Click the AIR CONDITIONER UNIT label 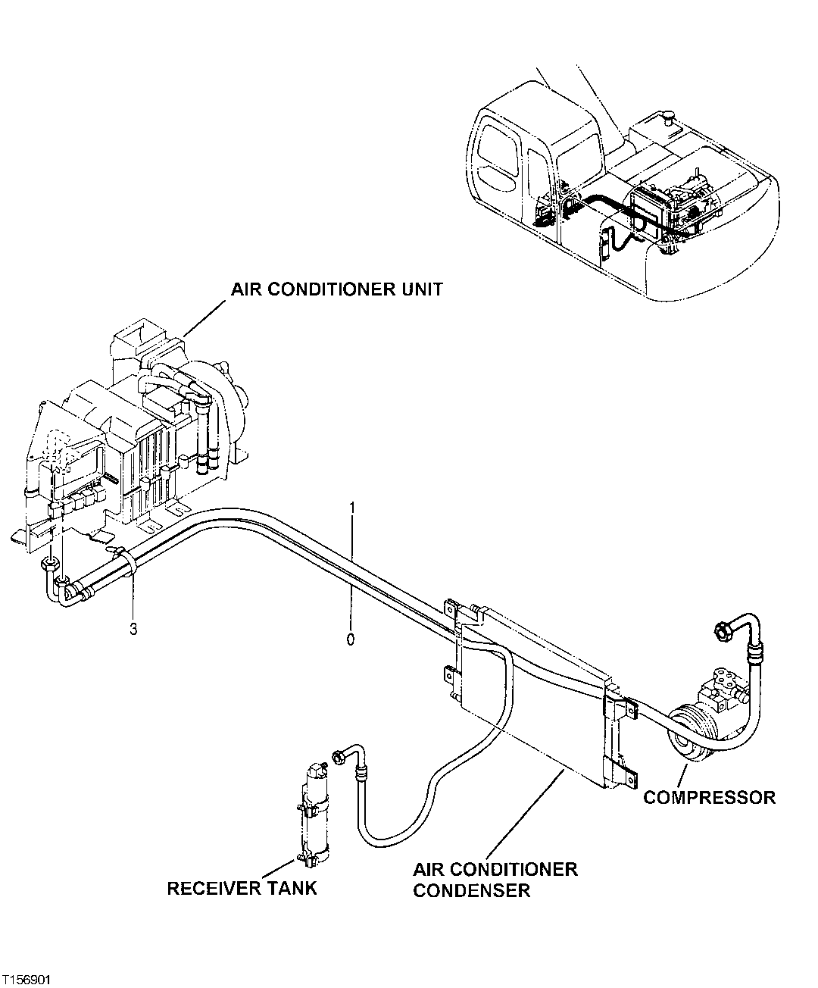[337, 289]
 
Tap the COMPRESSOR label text [709, 797]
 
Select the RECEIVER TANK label [242, 888]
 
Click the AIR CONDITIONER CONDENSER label [495, 879]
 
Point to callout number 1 [352, 506]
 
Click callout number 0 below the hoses [350, 639]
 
